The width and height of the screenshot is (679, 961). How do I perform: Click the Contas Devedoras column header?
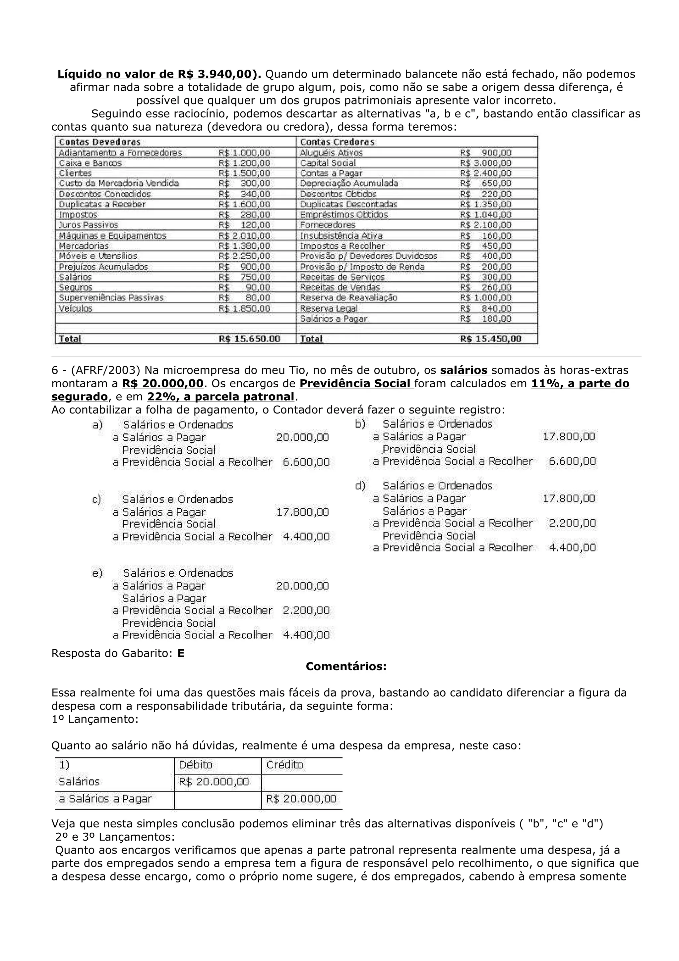pyautogui.click(x=99, y=142)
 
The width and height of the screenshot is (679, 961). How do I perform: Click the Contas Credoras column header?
pyautogui.click(x=337, y=142)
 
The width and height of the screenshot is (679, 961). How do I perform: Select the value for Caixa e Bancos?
pyautogui.click(x=244, y=163)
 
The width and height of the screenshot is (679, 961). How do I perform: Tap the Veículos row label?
pyautogui.click(x=75, y=308)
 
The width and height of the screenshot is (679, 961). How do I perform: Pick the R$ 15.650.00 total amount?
pyautogui.click(x=249, y=339)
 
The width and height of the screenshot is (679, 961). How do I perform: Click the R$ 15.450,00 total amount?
pyautogui.click(x=491, y=339)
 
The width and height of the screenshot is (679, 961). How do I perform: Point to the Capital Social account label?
pyautogui.click(x=328, y=163)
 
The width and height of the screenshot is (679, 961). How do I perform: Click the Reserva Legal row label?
pyautogui.click(x=329, y=308)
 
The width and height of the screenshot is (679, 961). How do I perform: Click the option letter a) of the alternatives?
pyautogui.click(x=97, y=425)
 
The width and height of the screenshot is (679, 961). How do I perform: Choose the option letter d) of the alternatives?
pyautogui.click(x=360, y=485)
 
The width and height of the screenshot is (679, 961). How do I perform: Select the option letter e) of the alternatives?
pyautogui.click(x=97, y=573)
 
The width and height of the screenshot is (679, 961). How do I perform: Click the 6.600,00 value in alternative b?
pyautogui.click(x=572, y=461)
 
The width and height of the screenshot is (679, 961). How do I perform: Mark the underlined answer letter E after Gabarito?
pyautogui.click(x=181, y=653)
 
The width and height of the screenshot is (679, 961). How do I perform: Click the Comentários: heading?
pyautogui.click(x=346, y=666)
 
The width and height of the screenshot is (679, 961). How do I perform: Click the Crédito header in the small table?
pyautogui.click(x=284, y=765)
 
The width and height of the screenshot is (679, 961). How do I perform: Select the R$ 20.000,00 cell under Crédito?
pyautogui.click(x=301, y=799)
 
